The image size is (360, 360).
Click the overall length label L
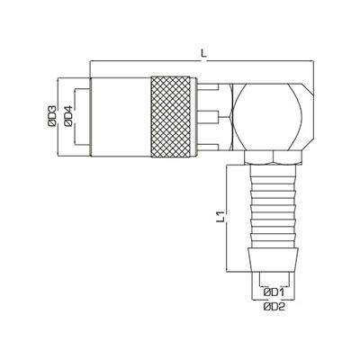pos(204,53)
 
